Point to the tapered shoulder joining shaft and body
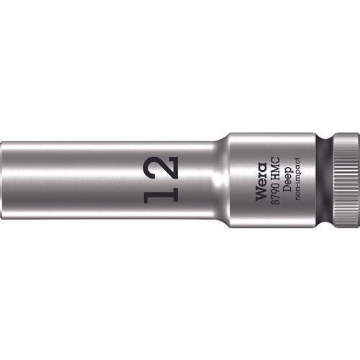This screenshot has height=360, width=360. tap(225, 176)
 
